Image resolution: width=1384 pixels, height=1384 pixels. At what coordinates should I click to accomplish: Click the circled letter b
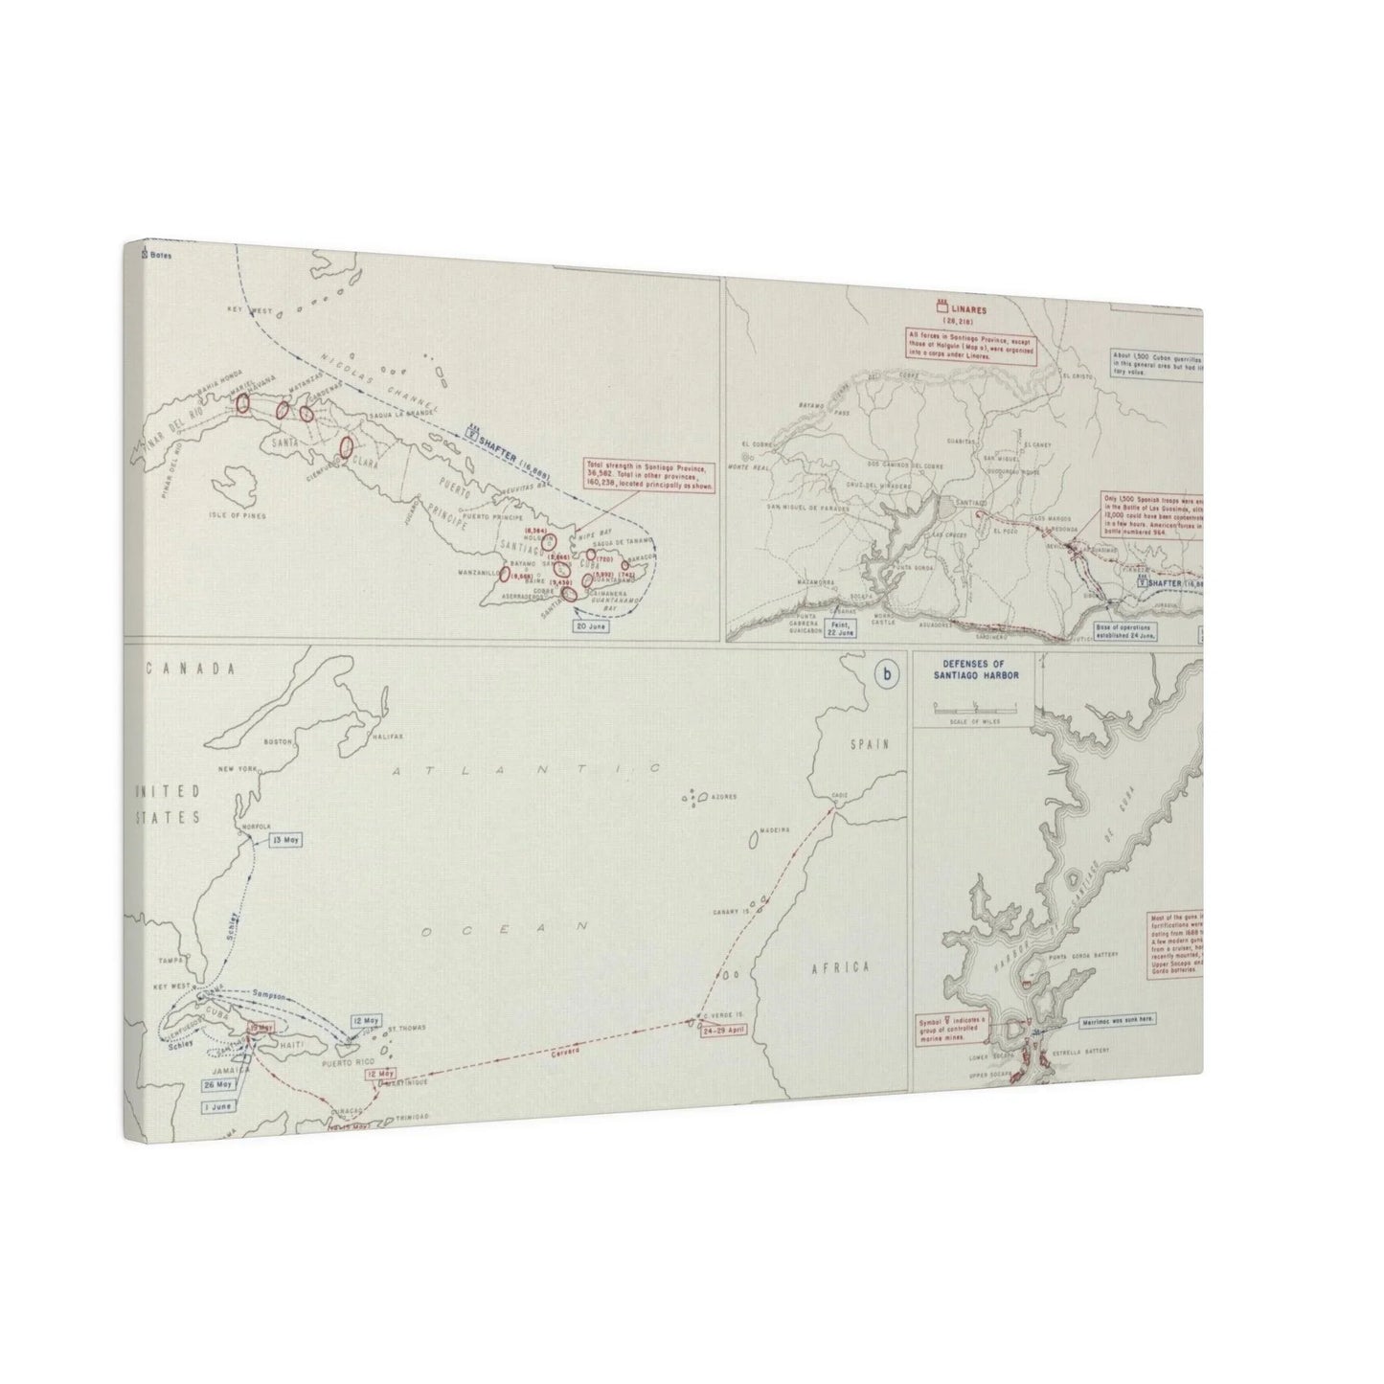(888, 674)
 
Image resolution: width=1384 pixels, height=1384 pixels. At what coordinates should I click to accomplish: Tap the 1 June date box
(217, 1105)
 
